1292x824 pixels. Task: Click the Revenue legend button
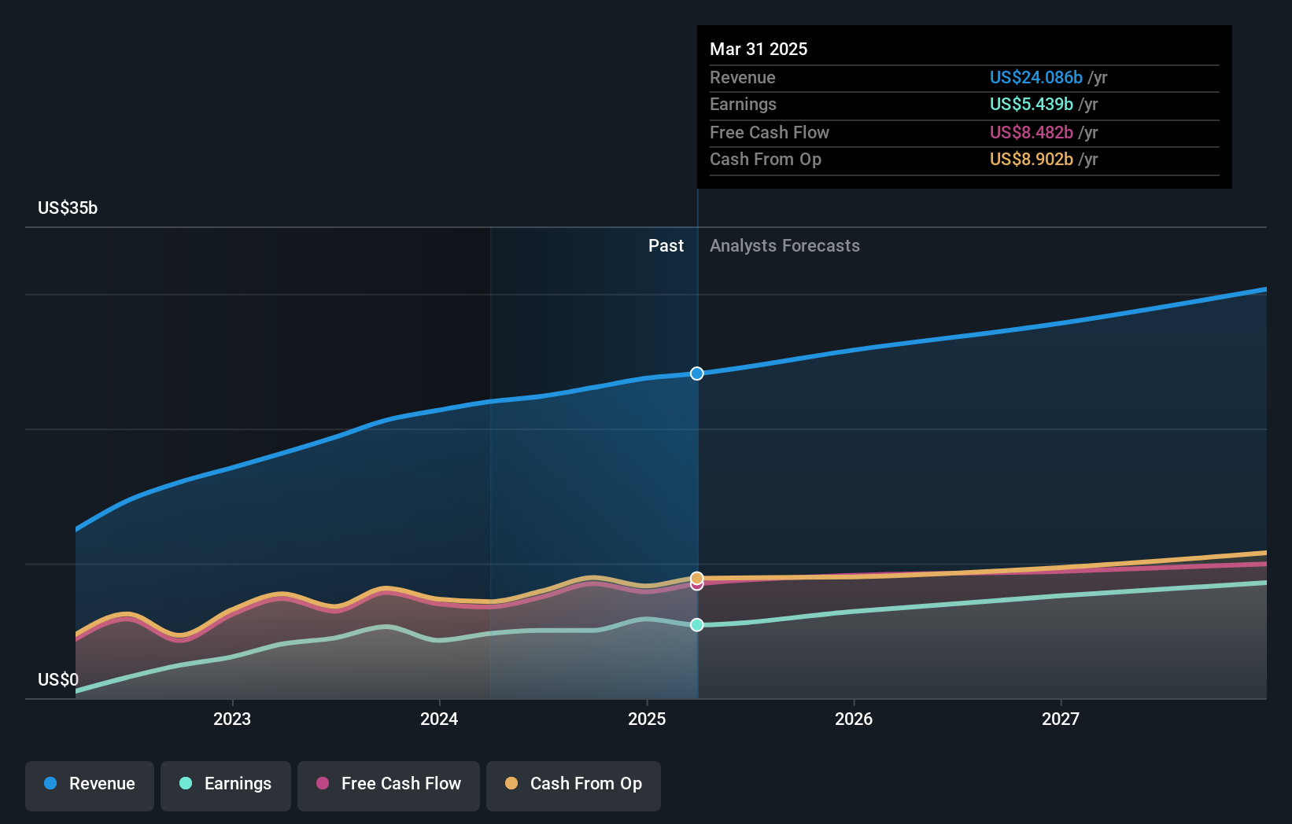(x=90, y=784)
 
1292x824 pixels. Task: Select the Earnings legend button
(x=226, y=784)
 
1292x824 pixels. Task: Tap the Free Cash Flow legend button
(x=389, y=784)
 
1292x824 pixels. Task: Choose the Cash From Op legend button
(x=574, y=784)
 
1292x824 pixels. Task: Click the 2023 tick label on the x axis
(x=232, y=719)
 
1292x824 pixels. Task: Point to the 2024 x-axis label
(x=439, y=719)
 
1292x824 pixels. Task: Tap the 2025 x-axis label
(x=647, y=719)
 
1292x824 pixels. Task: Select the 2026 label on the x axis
(x=854, y=719)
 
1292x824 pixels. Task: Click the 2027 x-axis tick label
(x=1061, y=719)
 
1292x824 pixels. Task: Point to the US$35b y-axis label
(x=68, y=208)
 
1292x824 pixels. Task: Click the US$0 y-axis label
(x=58, y=679)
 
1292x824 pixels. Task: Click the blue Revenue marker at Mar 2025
(x=697, y=373)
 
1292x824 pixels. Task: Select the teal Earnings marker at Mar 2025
(x=697, y=625)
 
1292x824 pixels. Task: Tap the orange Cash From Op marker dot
(x=697, y=578)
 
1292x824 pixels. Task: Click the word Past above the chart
(x=666, y=246)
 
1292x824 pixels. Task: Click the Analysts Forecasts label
(x=784, y=246)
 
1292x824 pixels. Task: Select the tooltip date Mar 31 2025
(x=759, y=49)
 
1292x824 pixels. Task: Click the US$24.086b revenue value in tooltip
(x=1035, y=77)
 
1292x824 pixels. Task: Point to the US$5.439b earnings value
(x=1031, y=105)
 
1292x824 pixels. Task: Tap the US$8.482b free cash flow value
(x=1031, y=132)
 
